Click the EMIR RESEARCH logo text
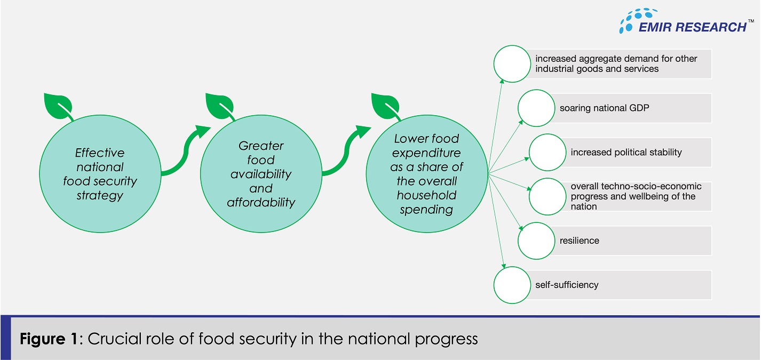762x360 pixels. [693, 27]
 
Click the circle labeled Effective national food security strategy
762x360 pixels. [100, 174]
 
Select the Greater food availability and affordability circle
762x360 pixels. [261, 174]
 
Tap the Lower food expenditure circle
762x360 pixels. [427, 174]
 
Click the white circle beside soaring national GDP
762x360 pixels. [536, 108]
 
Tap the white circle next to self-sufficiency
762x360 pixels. [512, 285]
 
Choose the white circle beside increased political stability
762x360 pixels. [547, 152]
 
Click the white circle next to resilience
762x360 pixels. [536, 241]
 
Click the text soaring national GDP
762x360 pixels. [604, 108]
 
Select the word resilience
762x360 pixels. [579, 241]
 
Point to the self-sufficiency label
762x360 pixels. [567, 285]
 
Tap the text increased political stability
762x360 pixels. [626, 153]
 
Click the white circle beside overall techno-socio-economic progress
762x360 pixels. [547, 196]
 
